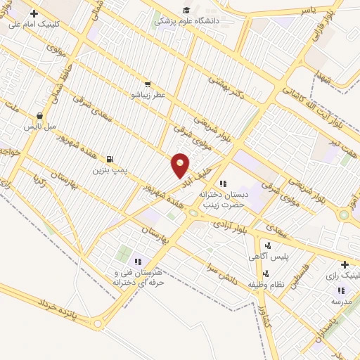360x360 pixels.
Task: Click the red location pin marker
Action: [181, 165]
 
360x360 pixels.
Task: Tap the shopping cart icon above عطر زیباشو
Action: [147, 82]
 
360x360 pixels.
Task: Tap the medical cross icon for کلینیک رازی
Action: [344, 265]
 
